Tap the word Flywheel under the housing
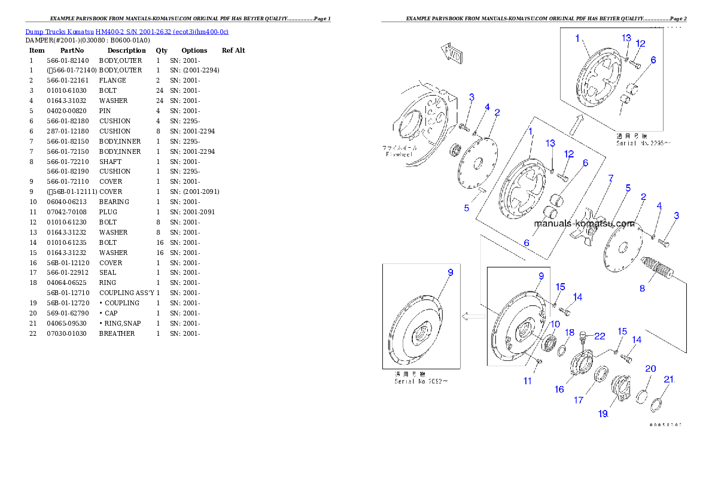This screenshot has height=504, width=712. [400, 154]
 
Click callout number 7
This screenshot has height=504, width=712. [611, 178]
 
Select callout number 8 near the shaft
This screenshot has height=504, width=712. [642, 289]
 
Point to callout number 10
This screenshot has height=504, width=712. [555, 324]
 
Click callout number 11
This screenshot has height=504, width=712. [527, 380]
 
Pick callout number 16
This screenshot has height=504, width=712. [559, 389]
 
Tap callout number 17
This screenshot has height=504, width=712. [579, 400]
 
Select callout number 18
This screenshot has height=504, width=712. [570, 333]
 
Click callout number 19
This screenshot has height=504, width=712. [603, 413]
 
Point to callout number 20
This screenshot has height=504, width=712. [650, 369]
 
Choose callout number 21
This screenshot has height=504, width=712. [670, 379]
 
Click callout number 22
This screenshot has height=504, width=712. [600, 337]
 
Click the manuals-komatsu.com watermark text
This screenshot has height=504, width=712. [584, 224]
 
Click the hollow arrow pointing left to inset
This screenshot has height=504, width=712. [473, 315]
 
